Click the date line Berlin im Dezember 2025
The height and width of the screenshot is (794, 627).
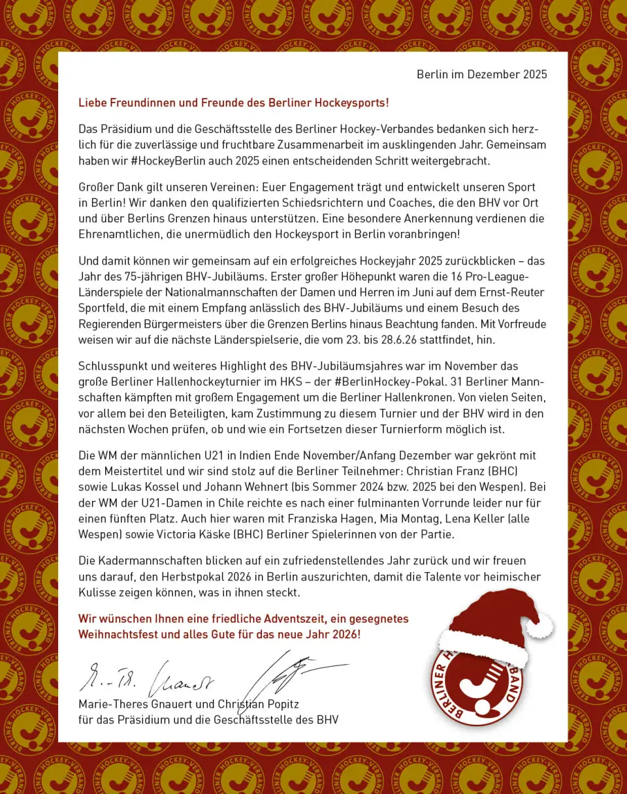click(x=481, y=74)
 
